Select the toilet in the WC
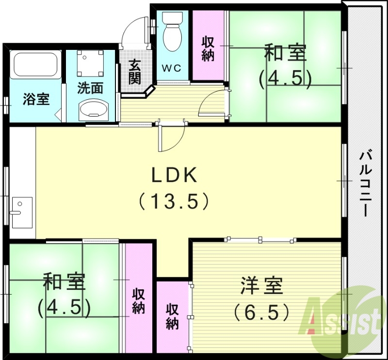pyautogui.click(x=172, y=31)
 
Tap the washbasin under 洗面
pyautogui.click(x=91, y=110)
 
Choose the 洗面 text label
pyautogui.click(x=91, y=89)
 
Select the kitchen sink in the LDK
pyautogui.click(x=21, y=212)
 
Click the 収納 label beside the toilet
pyautogui.click(x=208, y=48)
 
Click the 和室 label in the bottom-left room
pyautogui.click(x=64, y=282)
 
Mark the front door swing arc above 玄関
pyautogui.click(x=133, y=32)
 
